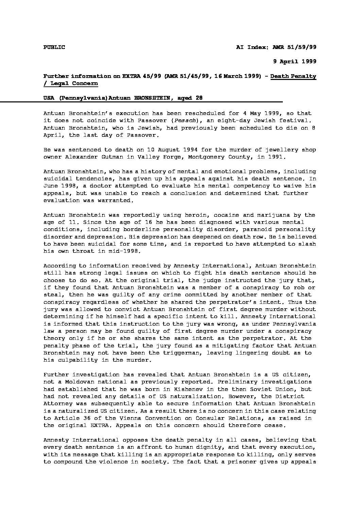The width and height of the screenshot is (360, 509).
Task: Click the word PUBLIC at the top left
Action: click(54, 47)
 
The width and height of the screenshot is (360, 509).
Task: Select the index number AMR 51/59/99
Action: click(294, 47)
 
